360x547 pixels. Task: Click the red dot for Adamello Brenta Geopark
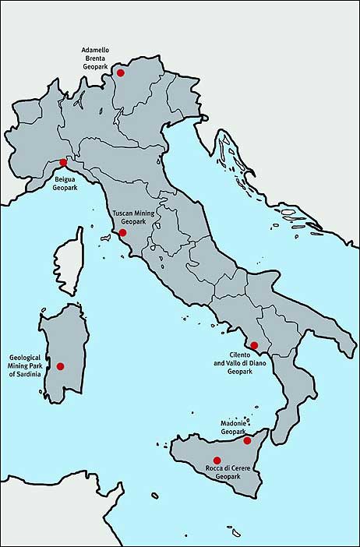pyautogui.click(x=120, y=72)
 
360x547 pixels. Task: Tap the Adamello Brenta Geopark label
pyautogui.click(x=97, y=59)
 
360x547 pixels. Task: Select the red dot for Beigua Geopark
pyautogui.click(x=64, y=162)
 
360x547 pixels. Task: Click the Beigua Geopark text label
pyautogui.click(x=64, y=184)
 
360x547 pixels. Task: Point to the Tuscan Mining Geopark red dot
pyautogui.click(x=122, y=232)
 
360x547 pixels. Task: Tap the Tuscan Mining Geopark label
pyautogui.click(x=133, y=217)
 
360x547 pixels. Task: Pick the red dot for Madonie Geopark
pyautogui.click(x=247, y=440)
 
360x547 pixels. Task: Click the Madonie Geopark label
pyautogui.click(x=233, y=427)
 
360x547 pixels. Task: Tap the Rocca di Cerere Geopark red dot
pyautogui.click(x=217, y=460)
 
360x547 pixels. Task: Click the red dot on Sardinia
pyautogui.click(x=61, y=365)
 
